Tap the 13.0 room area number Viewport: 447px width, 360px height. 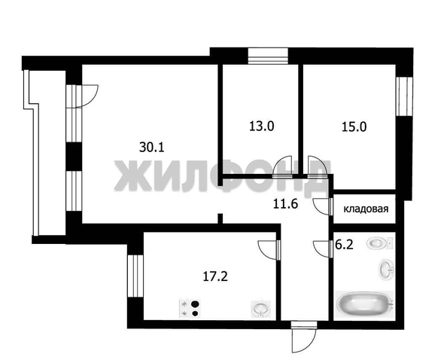coord(260,127)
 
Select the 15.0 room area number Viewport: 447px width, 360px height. coord(354,127)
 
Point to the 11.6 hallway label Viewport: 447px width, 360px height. coord(286,201)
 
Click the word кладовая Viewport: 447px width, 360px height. coord(366,209)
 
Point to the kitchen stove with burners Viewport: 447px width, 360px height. coord(190,307)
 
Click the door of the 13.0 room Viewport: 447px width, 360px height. coord(284,166)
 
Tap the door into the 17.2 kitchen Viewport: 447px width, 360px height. coord(269,249)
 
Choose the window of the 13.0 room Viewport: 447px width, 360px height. coord(269,53)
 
